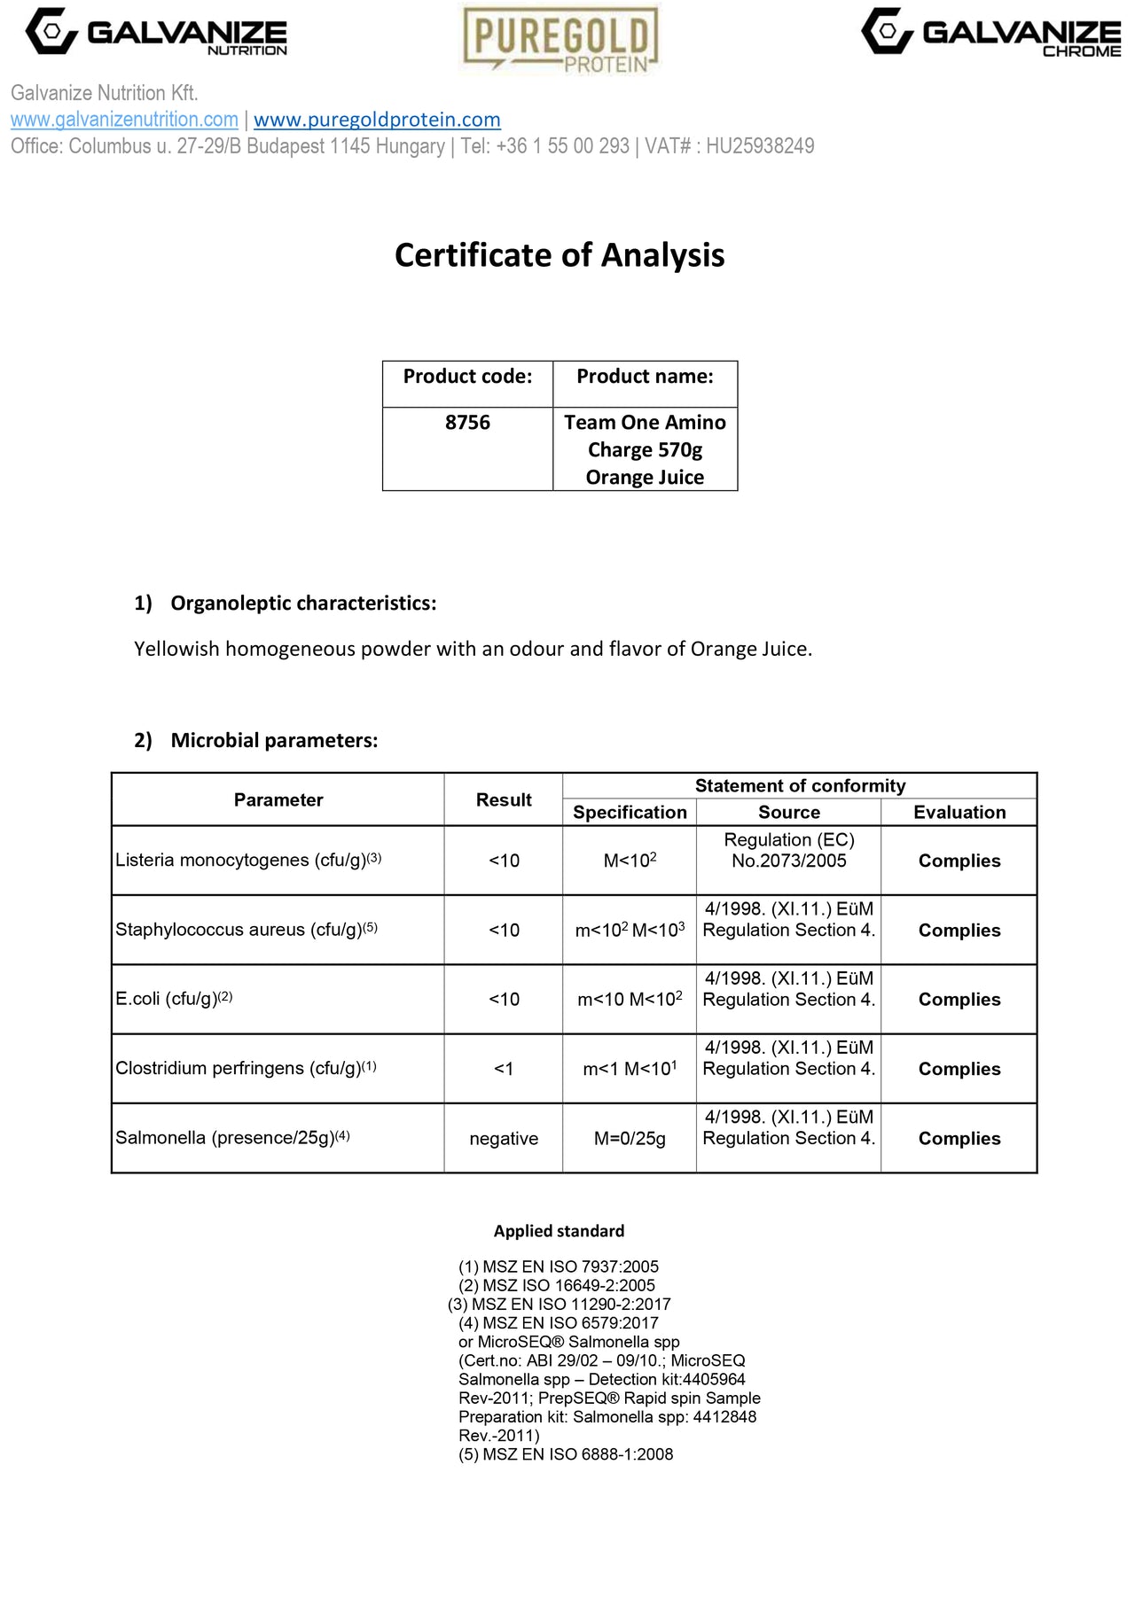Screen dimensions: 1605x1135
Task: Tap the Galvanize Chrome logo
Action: pyautogui.click(x=990, y=33)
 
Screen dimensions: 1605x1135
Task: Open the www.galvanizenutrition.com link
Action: pyautogui.click(x=124, y=120)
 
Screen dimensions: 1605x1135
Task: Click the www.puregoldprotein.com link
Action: pyautogui.click(x=377, y=120)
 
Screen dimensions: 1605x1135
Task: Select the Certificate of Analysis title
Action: pyautogui.click(x=560, y=255)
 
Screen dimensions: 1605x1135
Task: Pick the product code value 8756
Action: pyautogui.click(x=467, y=423)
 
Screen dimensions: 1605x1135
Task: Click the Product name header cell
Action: pyautogui.click(x=645, y=377)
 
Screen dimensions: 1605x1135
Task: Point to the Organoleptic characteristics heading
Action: pyautogui.click(x=303, y=604)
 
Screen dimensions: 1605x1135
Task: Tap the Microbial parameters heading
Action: pyautogui.click(x=274, y=741)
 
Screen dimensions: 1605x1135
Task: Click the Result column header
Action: pyautogui.click(x=504, y=799)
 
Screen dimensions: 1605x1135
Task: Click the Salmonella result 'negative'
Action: pyautogui.click(x=504, y=1139)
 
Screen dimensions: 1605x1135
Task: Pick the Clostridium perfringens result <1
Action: pyautogui.click(x=504, y=1069)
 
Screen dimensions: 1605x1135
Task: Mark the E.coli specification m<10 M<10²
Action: pyautogui.click(x=630, y=1000)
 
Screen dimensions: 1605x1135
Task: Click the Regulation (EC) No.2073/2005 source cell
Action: pyautogui.click(x=789, y=851)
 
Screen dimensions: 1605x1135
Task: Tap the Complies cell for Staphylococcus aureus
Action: pyautogui.click(x=959, y=931)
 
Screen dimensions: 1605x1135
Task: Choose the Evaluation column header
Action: pyautogui.click(x=959, y=813)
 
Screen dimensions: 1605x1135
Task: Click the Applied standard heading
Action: pyautogui.click(x=559, y=1231)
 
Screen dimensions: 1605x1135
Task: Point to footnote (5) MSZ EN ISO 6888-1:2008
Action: pyautogui.click(x=566, y=1454)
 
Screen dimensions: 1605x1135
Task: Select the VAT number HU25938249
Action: pyautogui.click(x=760, y=146)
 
